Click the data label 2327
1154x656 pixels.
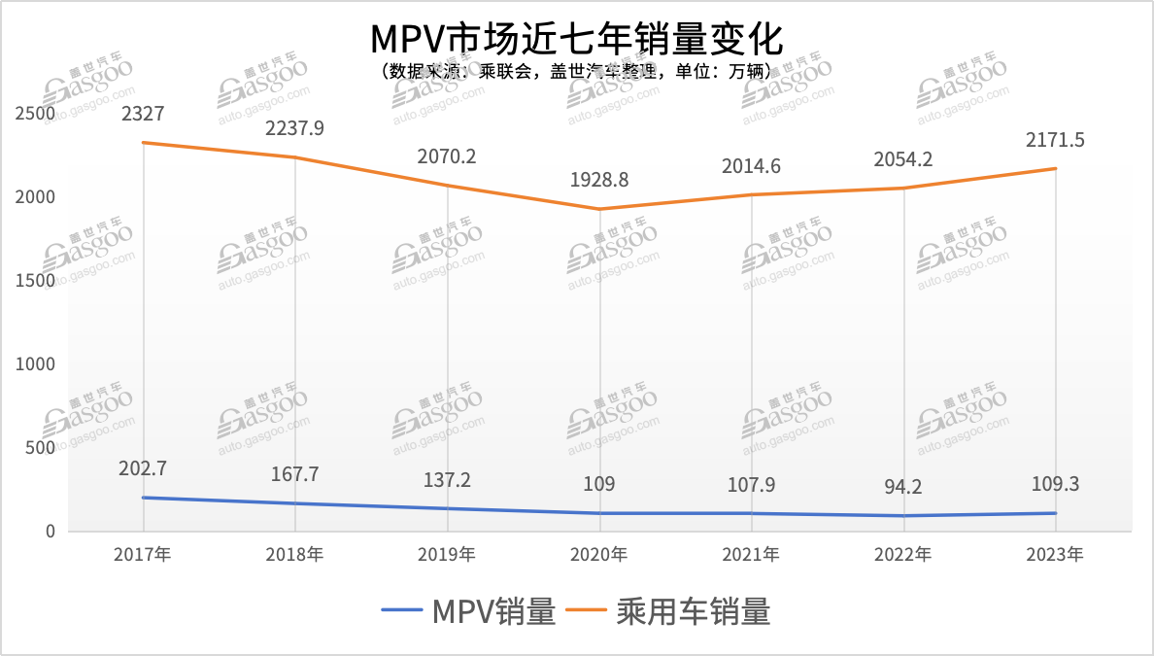(143, 114)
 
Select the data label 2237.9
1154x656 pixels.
(295, 128)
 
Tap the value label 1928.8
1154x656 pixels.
(599, 180)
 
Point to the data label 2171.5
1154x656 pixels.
(1055, 140)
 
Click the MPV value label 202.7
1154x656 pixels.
(143, 468)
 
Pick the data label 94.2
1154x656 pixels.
(903, 487)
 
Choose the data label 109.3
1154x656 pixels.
(1055, 483)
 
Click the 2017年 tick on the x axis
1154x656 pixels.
(143, 555)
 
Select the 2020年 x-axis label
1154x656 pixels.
(599, 555)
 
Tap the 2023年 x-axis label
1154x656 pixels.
(1055, 555)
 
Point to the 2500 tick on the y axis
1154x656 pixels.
(36, 114)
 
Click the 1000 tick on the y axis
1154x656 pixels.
(36, 364)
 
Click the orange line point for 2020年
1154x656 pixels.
(599, 209)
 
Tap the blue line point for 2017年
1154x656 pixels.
(143, 498)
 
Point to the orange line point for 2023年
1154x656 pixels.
(1055, 168)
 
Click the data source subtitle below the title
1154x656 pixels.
(576, 72)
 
